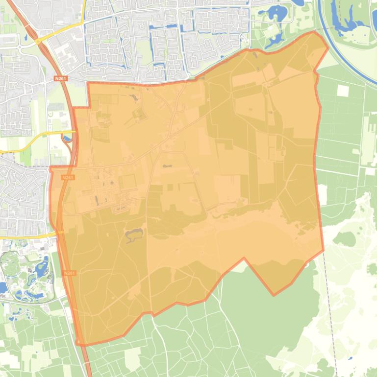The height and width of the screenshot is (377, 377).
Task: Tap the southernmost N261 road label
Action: [x=70, y=273]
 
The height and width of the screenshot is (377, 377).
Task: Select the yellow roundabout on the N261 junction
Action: [x=38, y=42]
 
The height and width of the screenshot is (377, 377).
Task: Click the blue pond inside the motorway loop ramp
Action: [x=67, y=139]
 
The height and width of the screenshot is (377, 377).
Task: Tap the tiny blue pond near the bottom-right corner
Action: [x=350, y=358]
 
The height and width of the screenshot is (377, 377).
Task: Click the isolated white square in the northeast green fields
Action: [x=343, y=91]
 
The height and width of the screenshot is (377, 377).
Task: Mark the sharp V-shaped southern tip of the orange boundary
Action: [x=274, y=295]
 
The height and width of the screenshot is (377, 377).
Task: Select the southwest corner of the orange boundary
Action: [x=78, y=344]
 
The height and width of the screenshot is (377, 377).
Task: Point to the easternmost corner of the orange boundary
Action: [x=328, y=47]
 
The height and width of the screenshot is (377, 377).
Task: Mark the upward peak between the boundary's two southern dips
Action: [x=244, y=259]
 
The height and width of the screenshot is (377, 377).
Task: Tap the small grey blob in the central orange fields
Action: [x=168, y=166]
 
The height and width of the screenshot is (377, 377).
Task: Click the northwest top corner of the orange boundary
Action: [x=88, y=83]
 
